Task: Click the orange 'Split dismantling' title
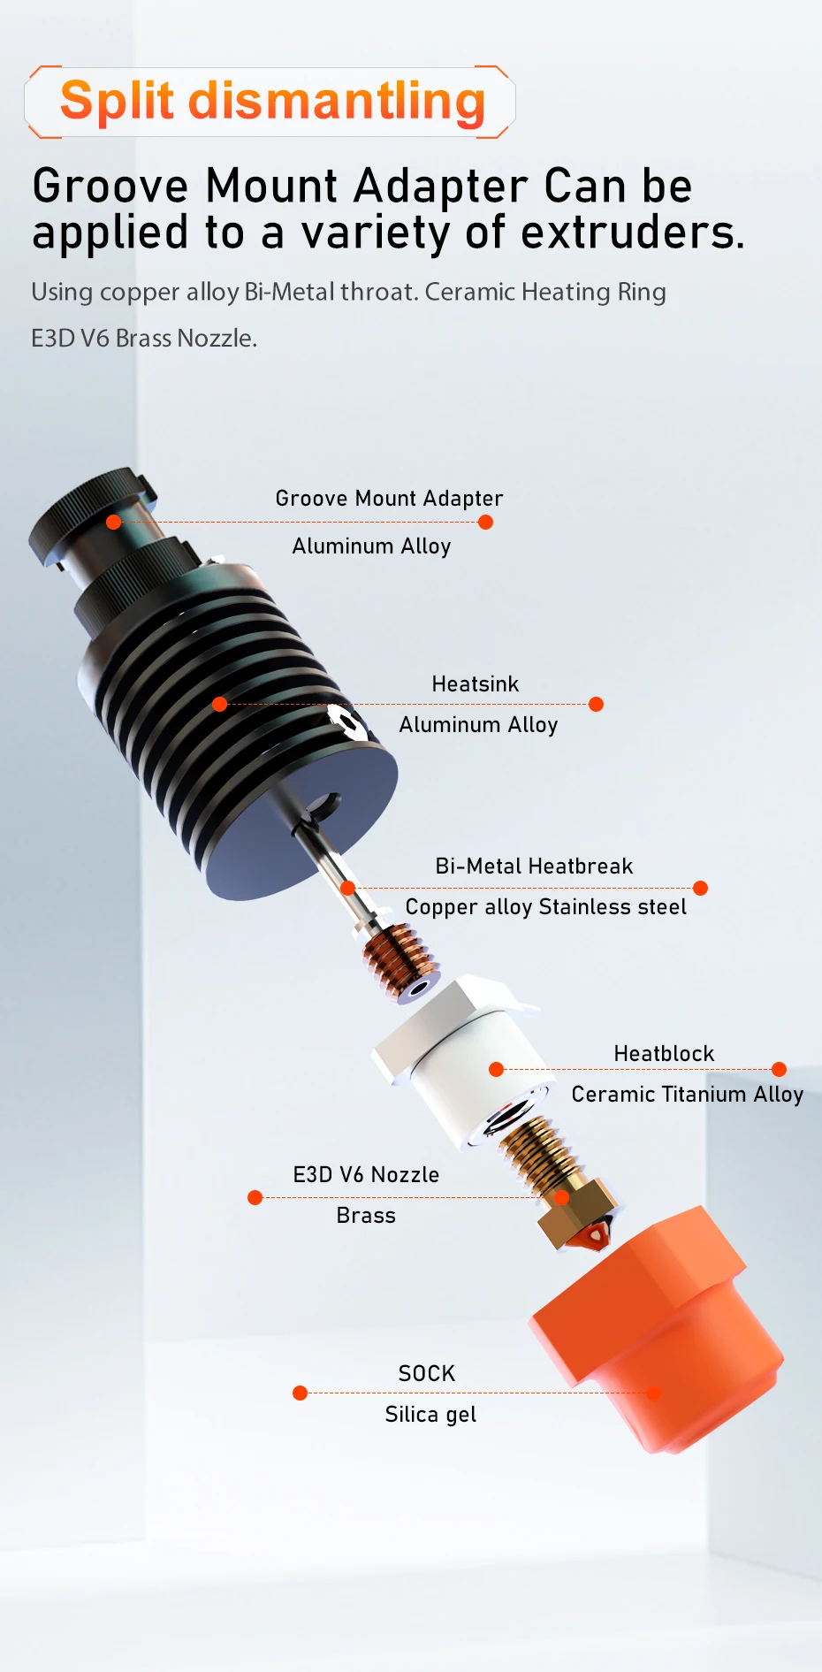point(272,101)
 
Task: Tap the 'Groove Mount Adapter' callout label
point(389,499)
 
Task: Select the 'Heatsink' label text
point(475,683)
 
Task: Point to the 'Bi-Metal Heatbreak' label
point(534,866)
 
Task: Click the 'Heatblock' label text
point(664,1053)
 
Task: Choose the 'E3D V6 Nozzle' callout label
point(366,1174)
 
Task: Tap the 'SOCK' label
point(427,1373)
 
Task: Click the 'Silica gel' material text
point(430,1415)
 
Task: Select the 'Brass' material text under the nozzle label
point(366,1216)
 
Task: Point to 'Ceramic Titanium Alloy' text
point(687,1095)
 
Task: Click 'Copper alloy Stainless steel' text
point(545,907)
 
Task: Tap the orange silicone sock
point(659,1332)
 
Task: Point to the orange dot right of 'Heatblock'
point(779,1069)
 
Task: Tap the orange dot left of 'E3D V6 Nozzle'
point(255,1197)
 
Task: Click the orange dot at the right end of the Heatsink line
point(596,704)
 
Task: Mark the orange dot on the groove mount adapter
point(113,522)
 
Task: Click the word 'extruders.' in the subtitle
point(633,233)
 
